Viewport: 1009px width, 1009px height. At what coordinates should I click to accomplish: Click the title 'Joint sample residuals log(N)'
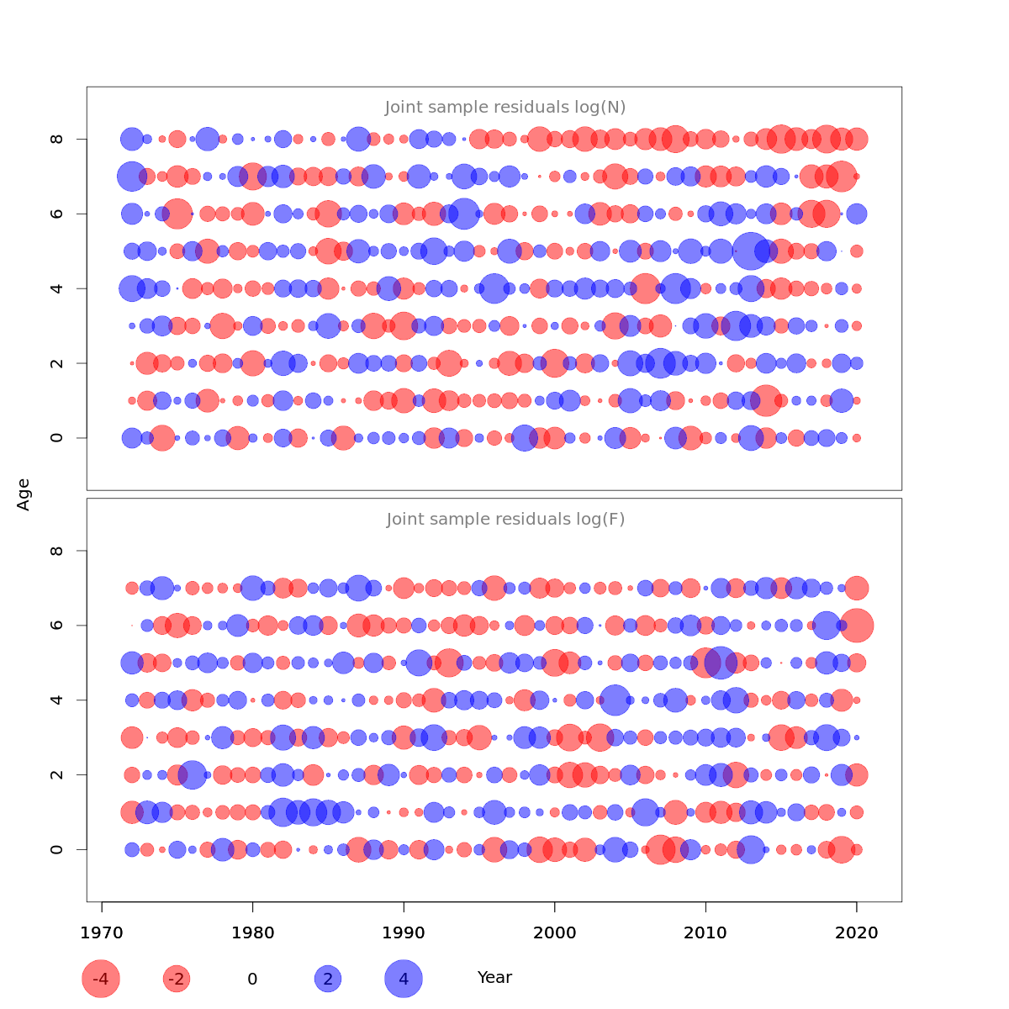click(505, 108)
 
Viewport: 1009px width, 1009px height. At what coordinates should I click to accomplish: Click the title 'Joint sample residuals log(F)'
click(505, 520)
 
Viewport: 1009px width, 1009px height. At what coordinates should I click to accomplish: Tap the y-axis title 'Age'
click(24, 494)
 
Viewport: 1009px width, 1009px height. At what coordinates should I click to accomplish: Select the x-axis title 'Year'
click(494, 978)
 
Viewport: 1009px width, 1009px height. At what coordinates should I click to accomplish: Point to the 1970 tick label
click(102, 933)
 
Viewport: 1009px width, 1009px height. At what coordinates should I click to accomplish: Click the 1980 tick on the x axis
click(252, 933)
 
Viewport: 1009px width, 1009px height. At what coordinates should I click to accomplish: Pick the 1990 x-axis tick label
click(404, 933)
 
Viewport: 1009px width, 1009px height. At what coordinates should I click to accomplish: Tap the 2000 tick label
click(554, 933)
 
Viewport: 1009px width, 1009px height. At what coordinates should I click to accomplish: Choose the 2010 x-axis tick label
click(705, 933)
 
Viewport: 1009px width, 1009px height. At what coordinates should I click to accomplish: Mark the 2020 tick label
click(856, 933)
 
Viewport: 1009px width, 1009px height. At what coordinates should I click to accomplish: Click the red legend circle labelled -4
click(101, 979)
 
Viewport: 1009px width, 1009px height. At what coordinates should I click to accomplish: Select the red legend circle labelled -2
click(177, 979)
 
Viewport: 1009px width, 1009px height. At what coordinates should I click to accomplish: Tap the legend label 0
click(252, 980)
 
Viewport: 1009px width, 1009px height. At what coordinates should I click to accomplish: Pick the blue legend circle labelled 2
click(328, 979)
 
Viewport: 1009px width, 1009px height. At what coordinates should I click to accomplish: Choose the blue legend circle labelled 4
click(404, 979)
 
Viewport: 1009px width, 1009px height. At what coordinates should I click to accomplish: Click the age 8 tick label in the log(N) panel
click(57, 139)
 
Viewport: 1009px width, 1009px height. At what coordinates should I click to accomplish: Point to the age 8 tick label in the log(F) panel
click(57, 551)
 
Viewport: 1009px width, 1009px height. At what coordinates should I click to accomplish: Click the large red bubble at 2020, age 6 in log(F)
click(857, 626)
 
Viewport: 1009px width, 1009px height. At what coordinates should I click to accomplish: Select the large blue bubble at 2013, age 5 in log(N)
click(750, 251)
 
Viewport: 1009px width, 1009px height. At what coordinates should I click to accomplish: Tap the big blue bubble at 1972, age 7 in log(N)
click(132, 177)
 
